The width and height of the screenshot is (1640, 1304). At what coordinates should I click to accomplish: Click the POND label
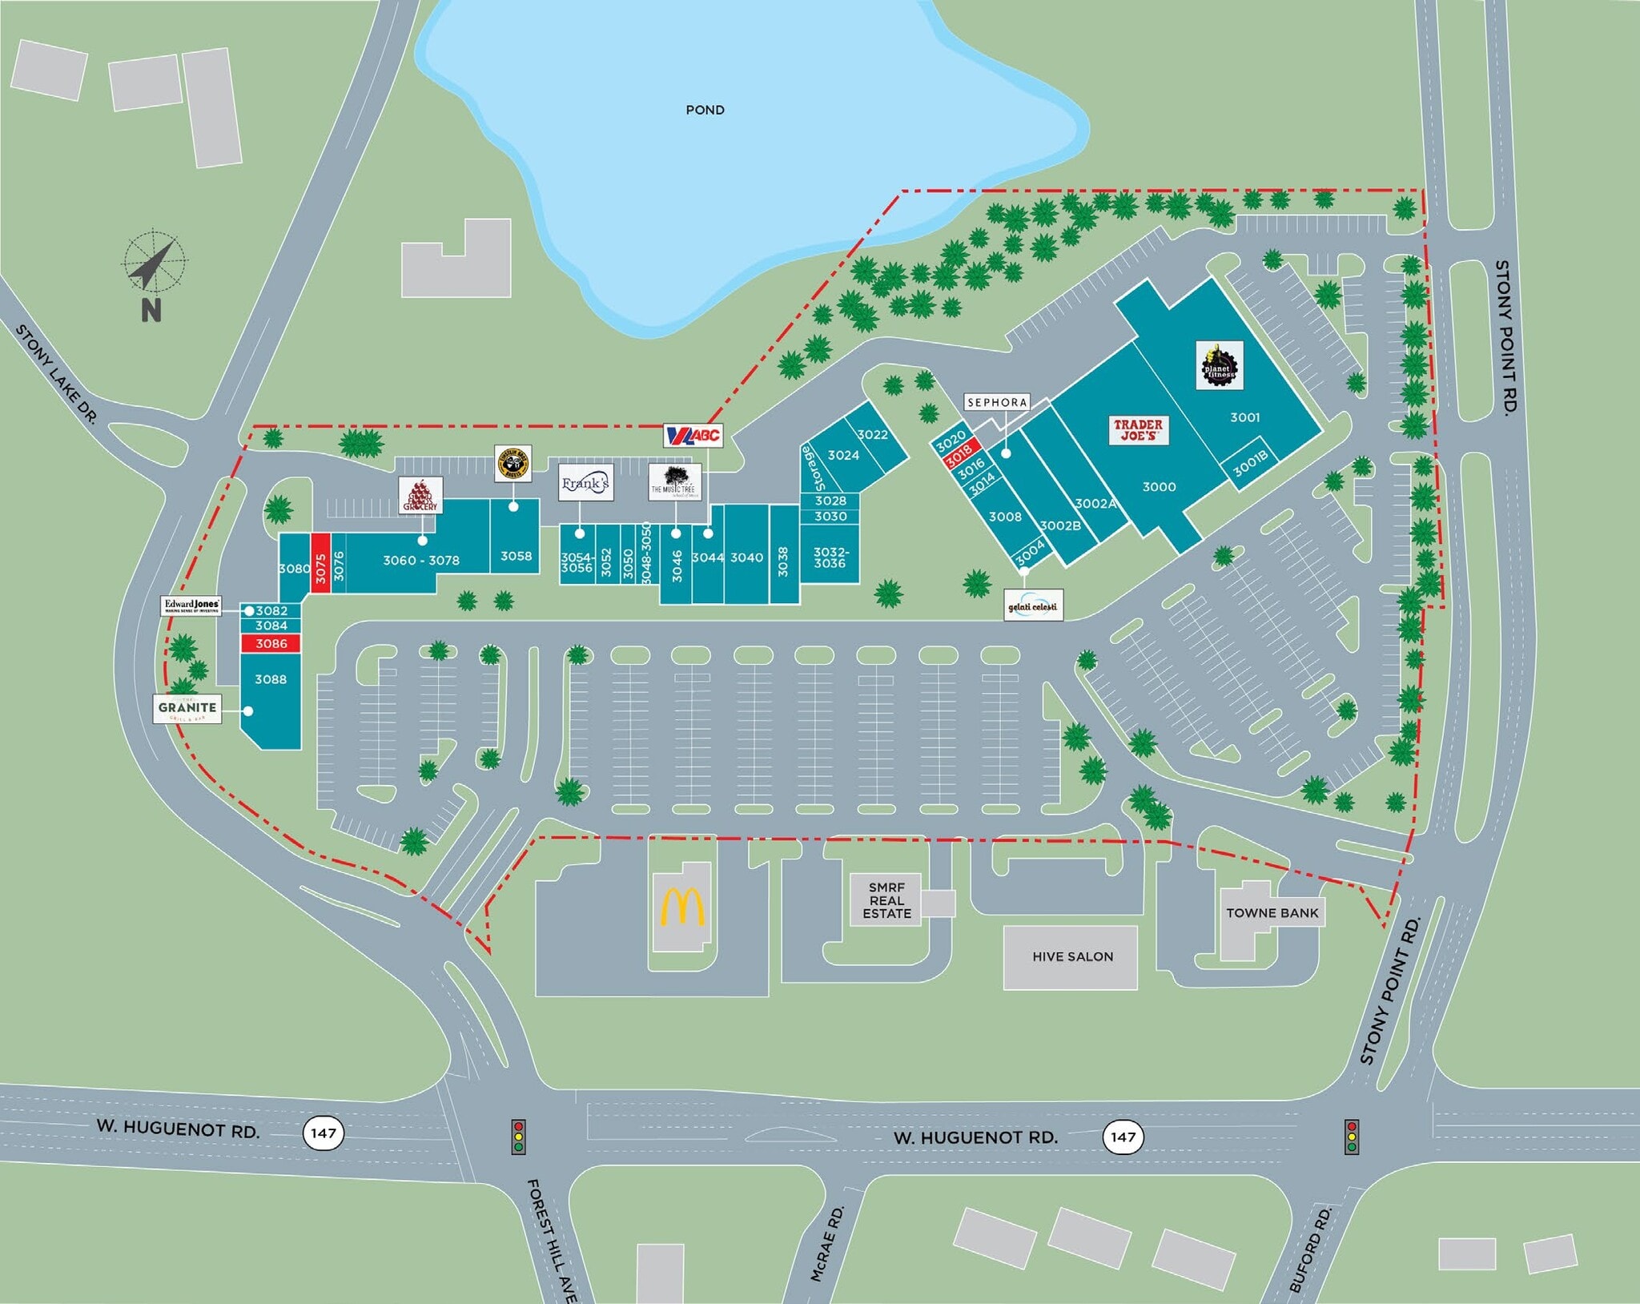[705, 110]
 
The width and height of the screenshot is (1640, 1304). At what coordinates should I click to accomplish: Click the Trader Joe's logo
[1138, 430]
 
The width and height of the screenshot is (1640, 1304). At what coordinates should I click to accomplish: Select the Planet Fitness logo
[1219, 365]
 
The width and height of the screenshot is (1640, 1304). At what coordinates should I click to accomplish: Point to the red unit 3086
[271, 644]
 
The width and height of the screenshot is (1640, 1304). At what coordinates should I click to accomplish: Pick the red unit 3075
[321, 562]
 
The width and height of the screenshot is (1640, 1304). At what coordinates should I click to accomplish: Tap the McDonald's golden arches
[682, 907]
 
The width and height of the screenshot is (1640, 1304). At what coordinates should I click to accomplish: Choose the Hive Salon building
[1071, 957]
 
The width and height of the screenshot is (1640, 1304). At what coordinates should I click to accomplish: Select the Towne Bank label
[1272, 913]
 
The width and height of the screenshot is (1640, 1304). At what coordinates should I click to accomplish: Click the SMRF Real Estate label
[886, 900]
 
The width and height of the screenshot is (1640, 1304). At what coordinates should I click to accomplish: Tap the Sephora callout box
[996, 403]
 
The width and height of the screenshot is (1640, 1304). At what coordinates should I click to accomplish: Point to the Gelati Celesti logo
[1033, 606]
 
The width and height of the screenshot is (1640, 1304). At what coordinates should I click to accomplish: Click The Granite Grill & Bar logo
[187, 709]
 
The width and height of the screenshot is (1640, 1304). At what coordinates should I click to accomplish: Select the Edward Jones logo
[191, 606]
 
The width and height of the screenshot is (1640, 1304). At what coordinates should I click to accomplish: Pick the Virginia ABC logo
[693, 436]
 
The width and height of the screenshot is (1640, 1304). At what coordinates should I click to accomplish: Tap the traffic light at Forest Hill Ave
[519, 1136]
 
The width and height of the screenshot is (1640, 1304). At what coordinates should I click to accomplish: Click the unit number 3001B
[1250, 463]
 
